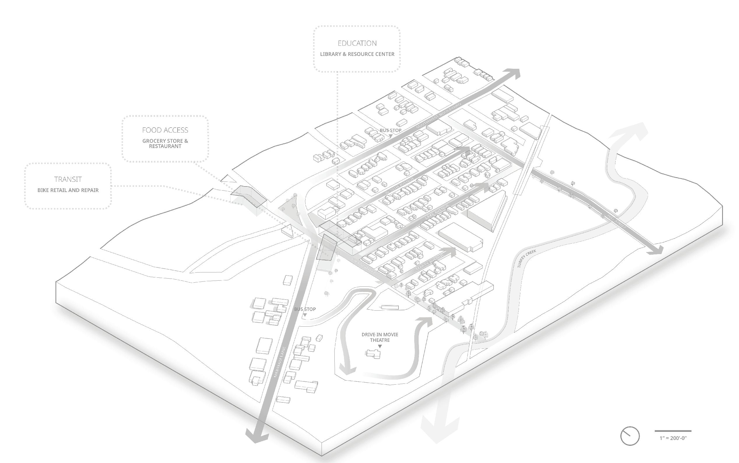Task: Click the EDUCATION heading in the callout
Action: tap(357, 43)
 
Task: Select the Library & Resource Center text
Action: tap(357, 54)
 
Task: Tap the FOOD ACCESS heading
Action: tap(165, 130)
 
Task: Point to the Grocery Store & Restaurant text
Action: tap(165, 144)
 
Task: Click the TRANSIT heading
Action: tap(68, 179)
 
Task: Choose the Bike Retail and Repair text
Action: tap(68, 190)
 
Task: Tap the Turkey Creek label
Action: tap(527, 259)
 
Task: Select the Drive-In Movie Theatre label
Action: tap(380, 337)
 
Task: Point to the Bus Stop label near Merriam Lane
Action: tap(305, 309)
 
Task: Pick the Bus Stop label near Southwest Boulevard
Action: tap(390, 130)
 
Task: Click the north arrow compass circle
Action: tap(630, 436)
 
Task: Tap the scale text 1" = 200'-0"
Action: tap(673, 438)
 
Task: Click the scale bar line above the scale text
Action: tap(673, 431)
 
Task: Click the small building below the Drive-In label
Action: tap(373, 354)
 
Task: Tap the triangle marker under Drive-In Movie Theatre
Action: tap(380, 346)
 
